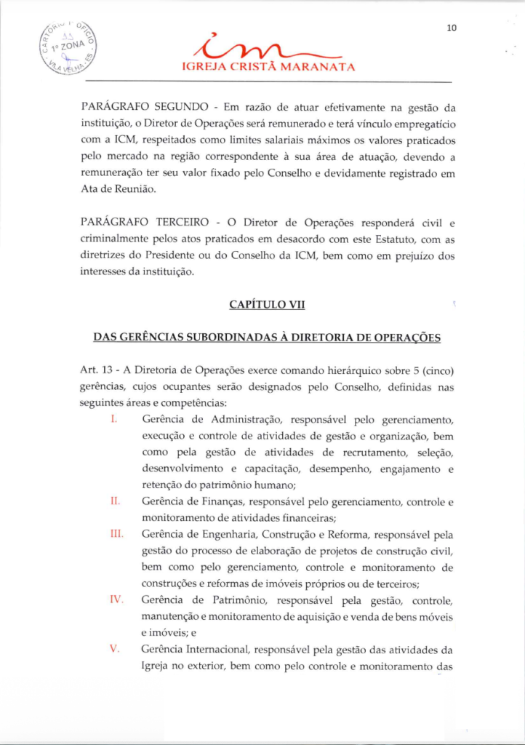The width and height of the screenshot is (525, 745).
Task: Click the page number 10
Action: click(452, 28)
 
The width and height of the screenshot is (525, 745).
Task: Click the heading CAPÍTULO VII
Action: click(267, 305)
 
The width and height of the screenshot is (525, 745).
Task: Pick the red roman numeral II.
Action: click(114, 501)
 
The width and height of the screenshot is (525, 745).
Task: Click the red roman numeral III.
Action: click(116, 534)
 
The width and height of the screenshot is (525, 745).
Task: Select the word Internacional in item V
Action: click(225, 649)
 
